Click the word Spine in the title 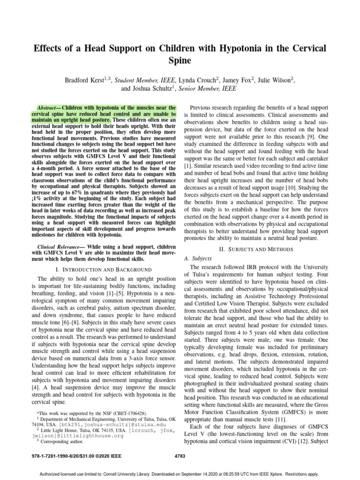point(180,61)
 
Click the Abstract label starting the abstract point(48,107)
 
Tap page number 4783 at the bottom point(180,455)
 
